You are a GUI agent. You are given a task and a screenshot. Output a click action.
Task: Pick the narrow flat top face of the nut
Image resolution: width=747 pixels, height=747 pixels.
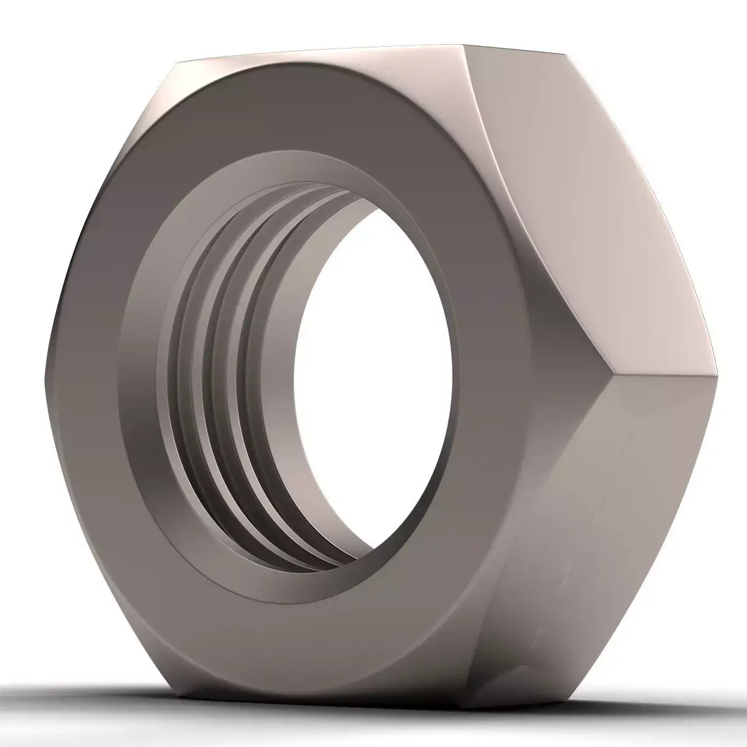(324, 56)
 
